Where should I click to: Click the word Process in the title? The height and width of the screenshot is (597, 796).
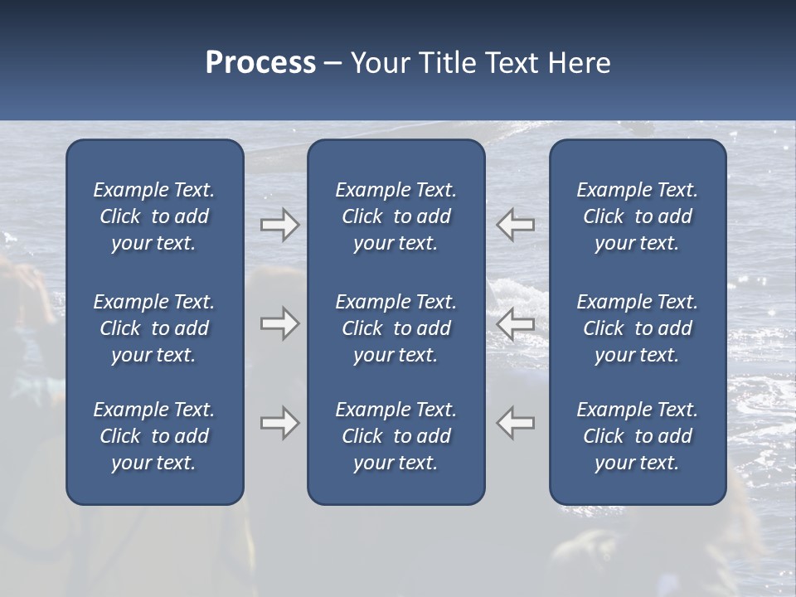point(260,63)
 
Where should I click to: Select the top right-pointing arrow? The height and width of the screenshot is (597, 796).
point(280,225)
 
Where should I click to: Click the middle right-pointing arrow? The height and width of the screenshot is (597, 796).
point(280,323)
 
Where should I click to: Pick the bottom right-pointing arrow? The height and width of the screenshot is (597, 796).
point(280,424)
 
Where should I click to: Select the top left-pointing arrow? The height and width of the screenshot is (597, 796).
point(516,225)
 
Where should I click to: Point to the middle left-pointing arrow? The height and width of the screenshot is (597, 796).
point(516,323)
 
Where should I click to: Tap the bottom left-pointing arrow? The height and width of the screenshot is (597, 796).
point(516,424)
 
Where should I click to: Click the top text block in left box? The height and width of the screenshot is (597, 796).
point(154,216)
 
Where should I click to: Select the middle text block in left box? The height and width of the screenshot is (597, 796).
point(154,328)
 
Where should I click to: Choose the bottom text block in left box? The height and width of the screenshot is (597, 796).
point(154,436)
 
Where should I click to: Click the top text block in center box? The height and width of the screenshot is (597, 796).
point(396,216)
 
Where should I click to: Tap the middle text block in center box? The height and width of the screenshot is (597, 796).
point(396,328)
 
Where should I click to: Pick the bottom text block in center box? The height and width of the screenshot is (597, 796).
point(396,436)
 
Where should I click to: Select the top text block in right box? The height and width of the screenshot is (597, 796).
point(638,216)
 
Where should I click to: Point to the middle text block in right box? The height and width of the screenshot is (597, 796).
point(638,328)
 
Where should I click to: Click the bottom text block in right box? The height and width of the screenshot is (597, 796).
point(638,436)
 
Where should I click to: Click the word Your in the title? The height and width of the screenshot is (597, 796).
point(381,63)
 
